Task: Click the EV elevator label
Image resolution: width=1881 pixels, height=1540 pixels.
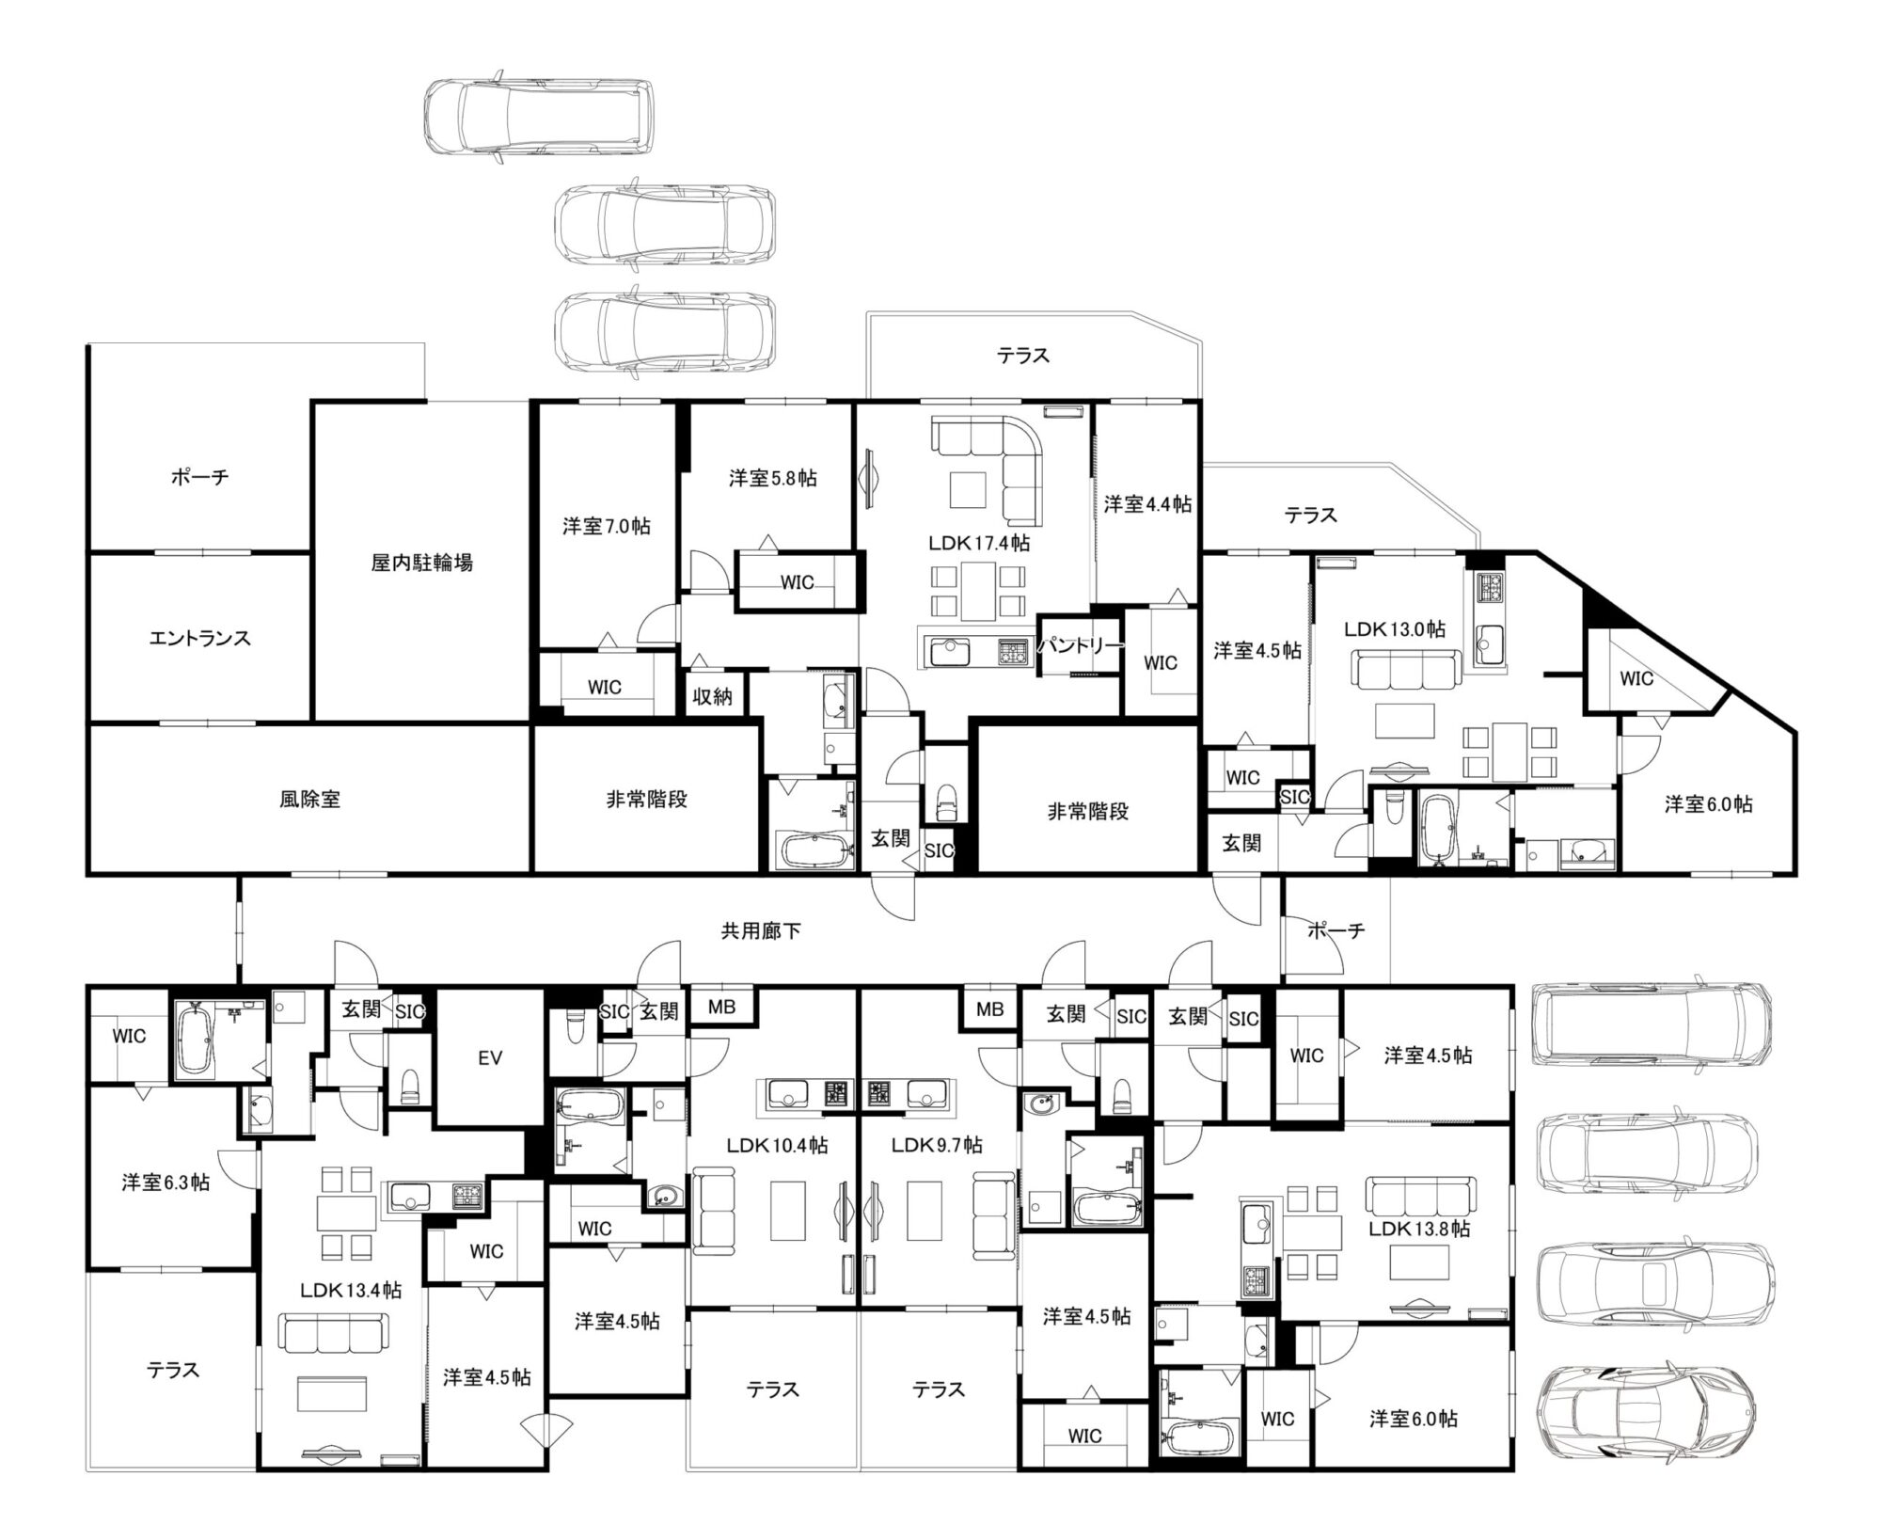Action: pyautogui.click(x=490, y=1058)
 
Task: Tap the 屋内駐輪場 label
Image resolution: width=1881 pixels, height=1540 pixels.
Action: pyautogui.click(x=421, y=563)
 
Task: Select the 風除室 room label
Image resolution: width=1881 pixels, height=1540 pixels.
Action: pyautogui.click(x=309, y=800)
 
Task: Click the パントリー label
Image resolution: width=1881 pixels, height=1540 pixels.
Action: pyautogui.click(x=1081, y=645)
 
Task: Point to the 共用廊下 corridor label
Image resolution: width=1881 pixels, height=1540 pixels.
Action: pyautogui.click(x=761, y=931)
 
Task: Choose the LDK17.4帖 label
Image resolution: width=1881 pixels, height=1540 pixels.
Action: pyautogui.click(x=978, y=543)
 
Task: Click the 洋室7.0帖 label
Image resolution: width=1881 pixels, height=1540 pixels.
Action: pyautogui.click(x=606, y=526)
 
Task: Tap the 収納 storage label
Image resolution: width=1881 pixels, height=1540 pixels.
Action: pyautogui.click(x=712, y=697)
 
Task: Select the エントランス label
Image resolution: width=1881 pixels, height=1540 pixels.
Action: pyautogui.click(x=199, y=638)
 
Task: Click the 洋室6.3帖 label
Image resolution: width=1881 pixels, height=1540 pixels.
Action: pyautogui.click(x=166, y=1183)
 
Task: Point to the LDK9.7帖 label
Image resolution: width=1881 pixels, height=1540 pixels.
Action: pyautogui.click(x=937, y=1145)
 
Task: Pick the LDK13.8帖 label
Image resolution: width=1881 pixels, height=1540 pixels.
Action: pyautogui.click(x=1419, y=1229)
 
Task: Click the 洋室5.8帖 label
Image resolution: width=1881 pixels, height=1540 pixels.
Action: pyautogui.click(x=772, y=478)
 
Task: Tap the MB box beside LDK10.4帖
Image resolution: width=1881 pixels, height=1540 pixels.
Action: pyautogui.click(x=722, y=1007)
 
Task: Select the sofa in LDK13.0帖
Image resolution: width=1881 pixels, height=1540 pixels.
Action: pyautogui.click(x=1407, y=668)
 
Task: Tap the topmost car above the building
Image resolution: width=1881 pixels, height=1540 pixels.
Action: pyautogui.click(x=539, y=116)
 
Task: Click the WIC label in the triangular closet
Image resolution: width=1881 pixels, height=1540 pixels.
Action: pyautogui.click(x=1636, y=678)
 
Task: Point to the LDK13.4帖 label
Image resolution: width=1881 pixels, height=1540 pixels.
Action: pyautogui.click(x=351, y=1290)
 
